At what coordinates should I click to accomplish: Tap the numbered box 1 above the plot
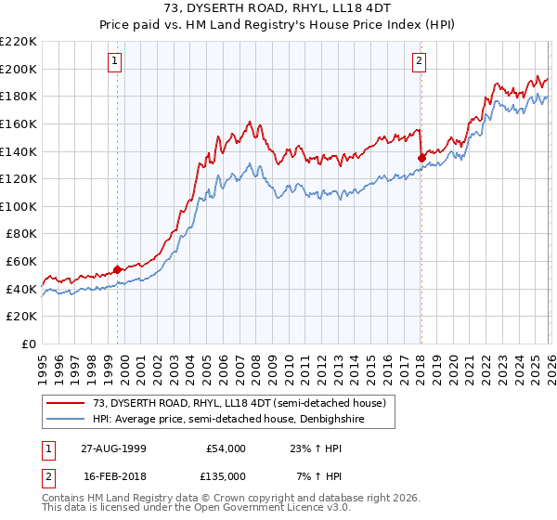point(114,61)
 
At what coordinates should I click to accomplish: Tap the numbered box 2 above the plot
point(419,61)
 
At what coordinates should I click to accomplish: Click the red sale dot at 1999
point(118,269)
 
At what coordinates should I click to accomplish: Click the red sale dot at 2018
point(421,158)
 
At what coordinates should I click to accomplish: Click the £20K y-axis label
point(21,317)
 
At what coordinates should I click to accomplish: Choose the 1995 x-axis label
point(43,365)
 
